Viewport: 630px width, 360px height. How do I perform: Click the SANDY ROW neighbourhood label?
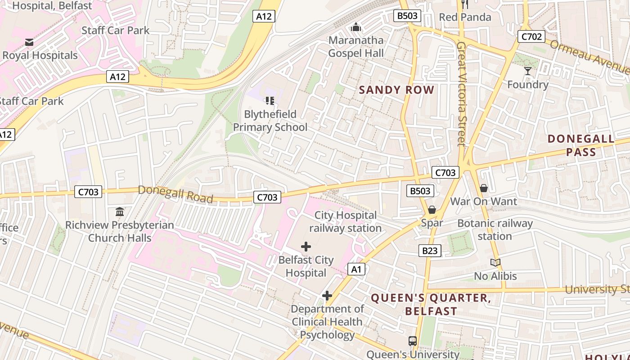point(396,90)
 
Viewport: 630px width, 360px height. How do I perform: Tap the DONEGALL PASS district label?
point(581,145)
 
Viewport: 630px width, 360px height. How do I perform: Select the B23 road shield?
point(430,251)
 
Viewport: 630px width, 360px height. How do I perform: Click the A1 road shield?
point(356,270)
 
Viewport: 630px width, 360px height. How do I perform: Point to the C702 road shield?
point(531,36)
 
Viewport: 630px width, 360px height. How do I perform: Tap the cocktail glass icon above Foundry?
point(527,71)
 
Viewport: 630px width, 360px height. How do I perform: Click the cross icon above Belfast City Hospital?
point(306,247)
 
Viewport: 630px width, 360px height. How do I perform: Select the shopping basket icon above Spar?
point(432,210)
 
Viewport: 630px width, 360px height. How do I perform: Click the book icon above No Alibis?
point(495,263)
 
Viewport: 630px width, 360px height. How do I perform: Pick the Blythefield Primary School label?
point(270,121)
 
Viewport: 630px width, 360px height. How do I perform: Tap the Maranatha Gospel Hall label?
point(356,47)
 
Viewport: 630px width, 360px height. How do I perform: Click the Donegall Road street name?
point(175,193)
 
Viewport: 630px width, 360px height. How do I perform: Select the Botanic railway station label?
point(495,229)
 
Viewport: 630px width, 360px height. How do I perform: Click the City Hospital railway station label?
point(345,222)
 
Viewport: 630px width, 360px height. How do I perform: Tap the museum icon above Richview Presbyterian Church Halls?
point(120,212)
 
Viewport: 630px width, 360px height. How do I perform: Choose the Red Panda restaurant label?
point(465,17)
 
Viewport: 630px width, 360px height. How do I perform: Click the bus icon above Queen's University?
point(412,341)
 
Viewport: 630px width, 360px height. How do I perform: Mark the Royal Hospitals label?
point(40,55)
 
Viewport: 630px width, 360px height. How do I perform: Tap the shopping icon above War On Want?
point(484,188)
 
